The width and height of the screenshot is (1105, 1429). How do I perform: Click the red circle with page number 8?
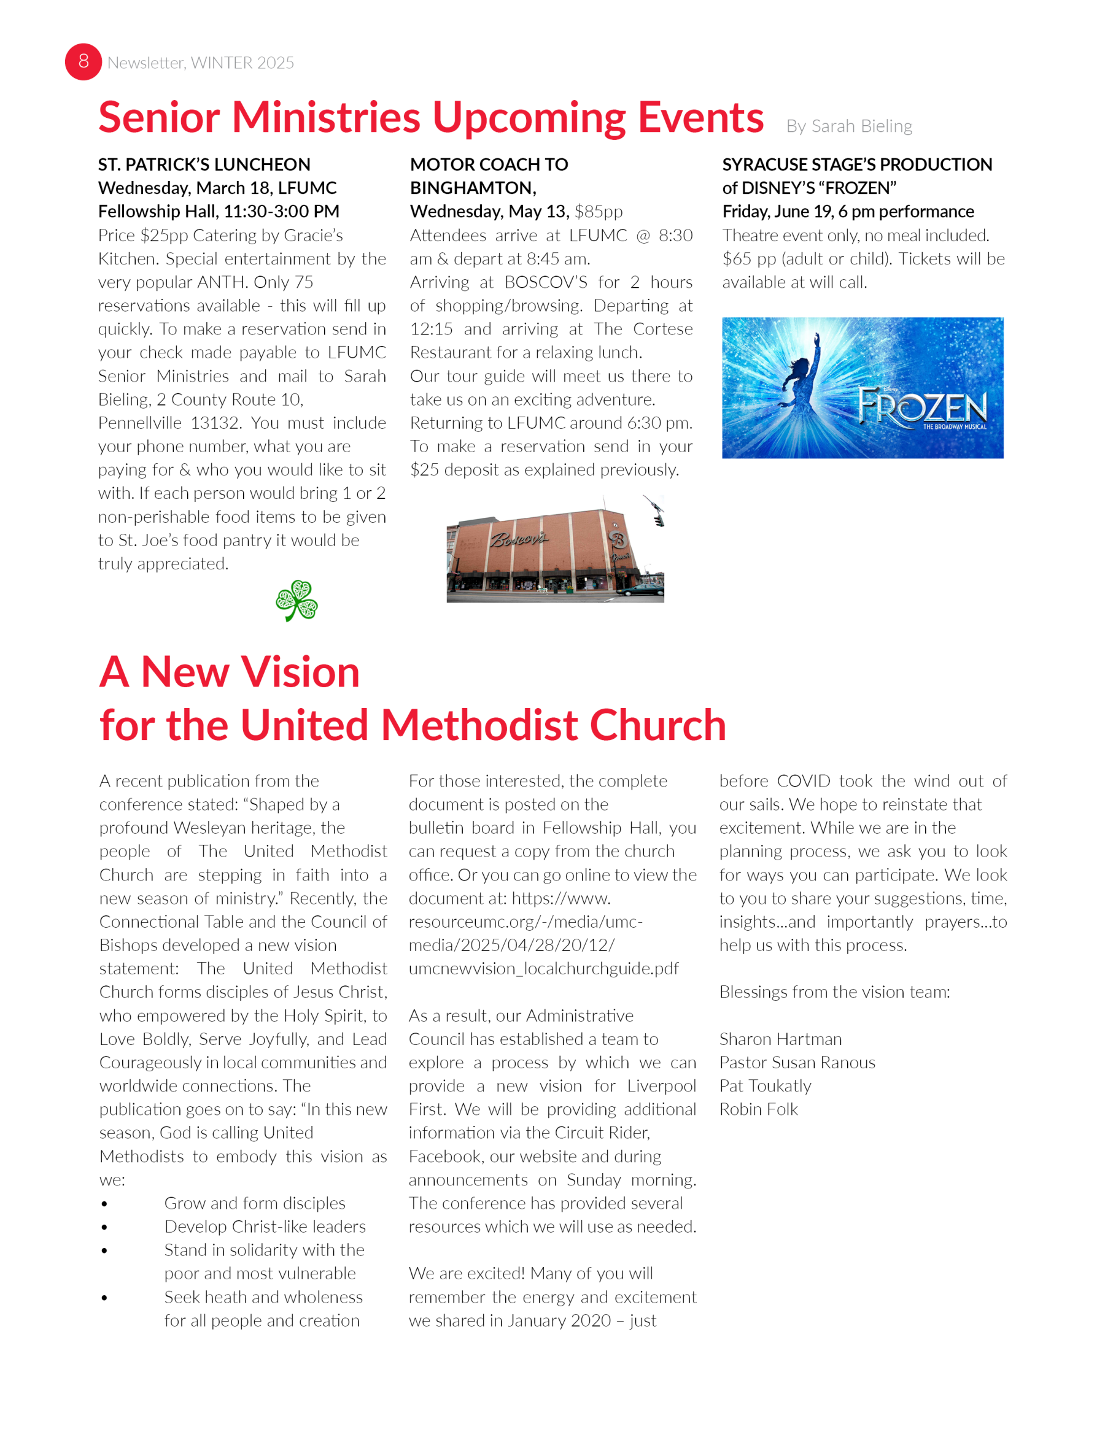[x=83, y=62]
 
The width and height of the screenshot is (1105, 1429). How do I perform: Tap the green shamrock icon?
[x=297, y=600]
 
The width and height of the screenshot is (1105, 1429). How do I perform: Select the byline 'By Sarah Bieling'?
[x=849, y=126]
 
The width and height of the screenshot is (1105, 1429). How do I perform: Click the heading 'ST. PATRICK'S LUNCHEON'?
[x=204, y=164]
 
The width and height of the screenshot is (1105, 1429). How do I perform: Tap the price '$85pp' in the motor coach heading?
[x=599, y=211]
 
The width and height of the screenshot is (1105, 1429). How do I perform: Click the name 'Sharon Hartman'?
[x=780, y=1039]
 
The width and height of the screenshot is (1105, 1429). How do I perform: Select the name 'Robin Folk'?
[x=758, y=1109]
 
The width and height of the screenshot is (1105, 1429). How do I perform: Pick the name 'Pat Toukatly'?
[x=766, y=1085]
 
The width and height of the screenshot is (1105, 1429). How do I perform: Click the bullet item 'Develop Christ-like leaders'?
[x=265, y=1226]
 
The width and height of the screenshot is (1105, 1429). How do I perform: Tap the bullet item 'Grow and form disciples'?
[x=255, y=1203]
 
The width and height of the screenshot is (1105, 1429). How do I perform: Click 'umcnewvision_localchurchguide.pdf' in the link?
[x=543, y=968]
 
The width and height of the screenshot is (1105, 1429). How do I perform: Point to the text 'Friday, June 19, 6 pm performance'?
[x=848, y=211]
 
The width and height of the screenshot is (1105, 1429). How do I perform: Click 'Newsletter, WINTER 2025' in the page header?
[x=200, y=63]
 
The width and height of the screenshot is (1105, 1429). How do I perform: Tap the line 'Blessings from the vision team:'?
[x=835, y=992]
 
